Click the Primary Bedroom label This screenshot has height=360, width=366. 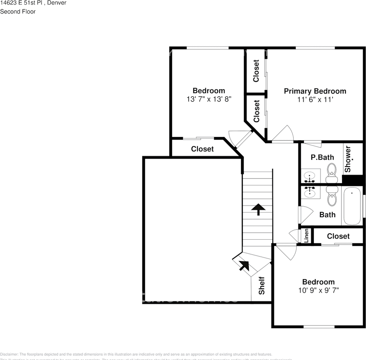click(315, 91)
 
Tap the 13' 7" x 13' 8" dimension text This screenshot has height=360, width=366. click(209, 99)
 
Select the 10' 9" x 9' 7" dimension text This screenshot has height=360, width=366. click(318, 290)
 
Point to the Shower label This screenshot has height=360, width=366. click(348, 159)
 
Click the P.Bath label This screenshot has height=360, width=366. click(322, 157)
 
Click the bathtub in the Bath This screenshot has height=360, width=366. click(352, 206)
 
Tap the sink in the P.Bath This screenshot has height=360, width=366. click(310, 175)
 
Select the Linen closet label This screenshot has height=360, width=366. click(306, 235)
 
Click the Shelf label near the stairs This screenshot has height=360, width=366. click(262, 285)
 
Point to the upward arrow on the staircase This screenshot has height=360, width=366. click(258, 209)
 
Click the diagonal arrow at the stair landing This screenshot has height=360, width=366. click(244, 265)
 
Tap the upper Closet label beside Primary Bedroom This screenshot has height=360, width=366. click(256, 71)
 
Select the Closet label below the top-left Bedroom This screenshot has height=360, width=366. click(202, 149)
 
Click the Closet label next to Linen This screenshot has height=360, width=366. click(338, 236)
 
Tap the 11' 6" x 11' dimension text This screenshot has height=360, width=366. click(315, 100)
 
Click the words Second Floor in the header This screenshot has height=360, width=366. click(18, 12)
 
